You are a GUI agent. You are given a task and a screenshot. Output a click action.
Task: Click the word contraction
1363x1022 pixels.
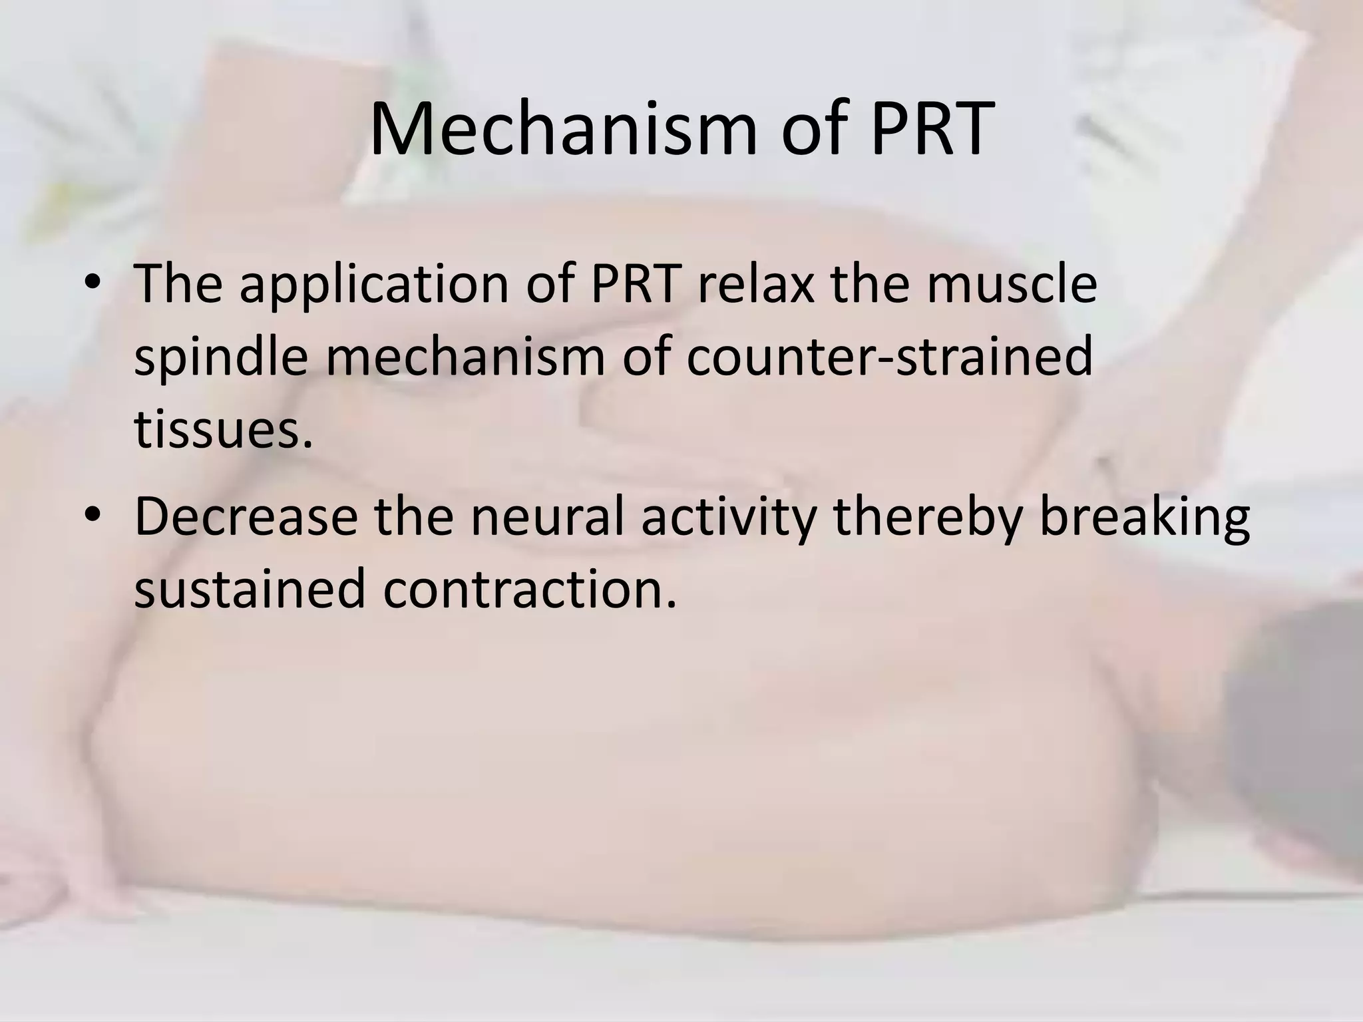[x=529, y=589]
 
